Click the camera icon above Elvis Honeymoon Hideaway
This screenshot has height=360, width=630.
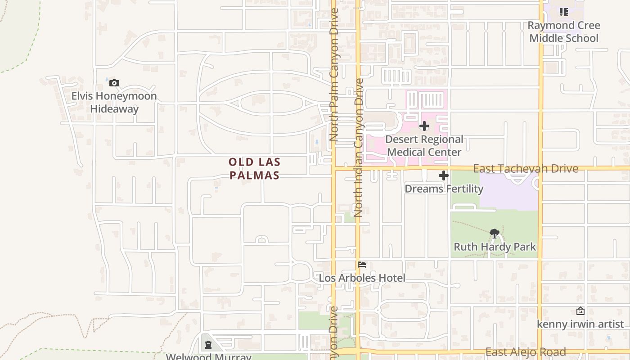click(114, 83)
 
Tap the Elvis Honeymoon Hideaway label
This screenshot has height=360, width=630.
click(114, 102)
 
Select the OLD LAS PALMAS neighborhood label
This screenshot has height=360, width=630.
click(255, 169)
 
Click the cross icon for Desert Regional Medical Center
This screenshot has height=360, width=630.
click(424, 126)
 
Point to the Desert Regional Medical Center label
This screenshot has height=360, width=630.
click(424, 146)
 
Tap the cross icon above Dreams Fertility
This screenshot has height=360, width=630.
click(444, 175)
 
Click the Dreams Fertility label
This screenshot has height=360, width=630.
click(444, 189)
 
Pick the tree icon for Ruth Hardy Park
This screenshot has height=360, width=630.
click(495, 233)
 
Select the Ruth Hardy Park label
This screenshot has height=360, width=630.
click(495, 247)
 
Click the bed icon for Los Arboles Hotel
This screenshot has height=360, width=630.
click(362, 265)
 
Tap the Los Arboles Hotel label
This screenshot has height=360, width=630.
click(362, 278)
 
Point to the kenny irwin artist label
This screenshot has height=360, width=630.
click(580, 324)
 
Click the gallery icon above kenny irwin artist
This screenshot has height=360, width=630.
click(580, 311)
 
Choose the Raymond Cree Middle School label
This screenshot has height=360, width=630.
click(563, 31)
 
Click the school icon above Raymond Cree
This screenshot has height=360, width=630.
click(563, 12)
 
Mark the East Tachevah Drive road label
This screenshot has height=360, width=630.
click(525, 168)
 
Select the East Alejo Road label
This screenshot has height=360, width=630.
click(525, 352)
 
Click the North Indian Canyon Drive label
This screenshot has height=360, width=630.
click(359, 148)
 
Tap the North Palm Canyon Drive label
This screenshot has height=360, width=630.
click(333, 74)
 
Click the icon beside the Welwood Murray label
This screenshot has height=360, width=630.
click(208, 345)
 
